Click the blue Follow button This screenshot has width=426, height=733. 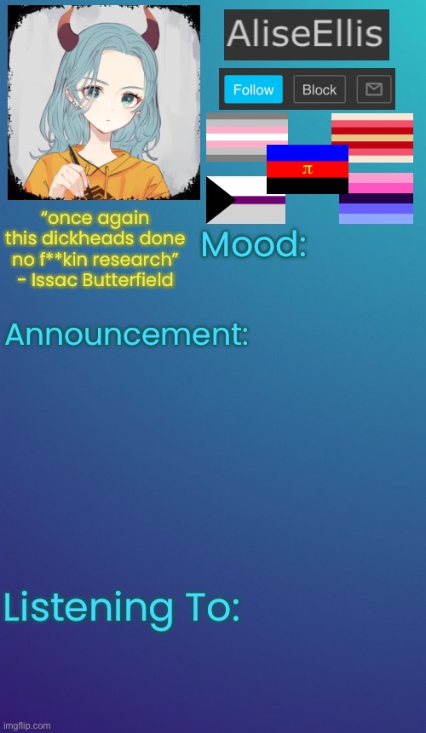253,89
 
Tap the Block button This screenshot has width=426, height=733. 319,89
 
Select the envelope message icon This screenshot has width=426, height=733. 374,89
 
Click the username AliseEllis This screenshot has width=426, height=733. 306,34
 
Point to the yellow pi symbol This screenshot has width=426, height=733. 307,169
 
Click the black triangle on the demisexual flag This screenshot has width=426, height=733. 221,200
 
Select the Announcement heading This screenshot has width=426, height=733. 126,335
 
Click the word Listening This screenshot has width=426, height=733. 88,609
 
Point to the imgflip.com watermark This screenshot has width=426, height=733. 26,725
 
